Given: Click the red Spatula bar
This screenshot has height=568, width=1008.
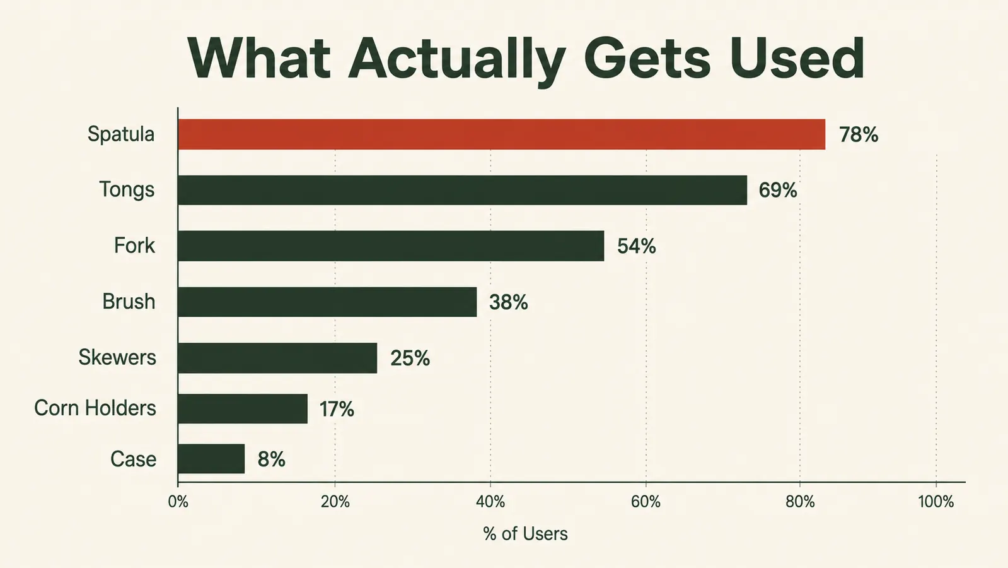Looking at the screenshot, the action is point(502,134).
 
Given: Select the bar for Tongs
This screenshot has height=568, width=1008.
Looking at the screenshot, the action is point(463,190).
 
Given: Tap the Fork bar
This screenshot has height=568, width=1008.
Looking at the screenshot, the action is point(391,246).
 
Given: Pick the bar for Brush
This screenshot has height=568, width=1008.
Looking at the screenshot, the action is point(327,302).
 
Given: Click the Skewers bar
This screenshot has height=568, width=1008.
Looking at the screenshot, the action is point(277,358).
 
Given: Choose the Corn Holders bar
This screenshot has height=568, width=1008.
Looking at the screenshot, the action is point(243,408).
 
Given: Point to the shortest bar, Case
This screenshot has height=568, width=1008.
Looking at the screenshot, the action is point(211,459).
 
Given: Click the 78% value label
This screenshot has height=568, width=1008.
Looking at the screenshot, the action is point(858,134).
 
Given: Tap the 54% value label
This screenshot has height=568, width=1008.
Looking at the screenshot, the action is point(636,246).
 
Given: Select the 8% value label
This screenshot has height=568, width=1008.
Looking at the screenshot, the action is point(271,459).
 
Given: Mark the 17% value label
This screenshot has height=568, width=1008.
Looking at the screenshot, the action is point(337,410).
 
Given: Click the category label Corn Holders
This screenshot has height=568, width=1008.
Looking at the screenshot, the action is point(95,408).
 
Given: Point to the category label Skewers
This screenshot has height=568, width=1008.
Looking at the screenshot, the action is point(117,357).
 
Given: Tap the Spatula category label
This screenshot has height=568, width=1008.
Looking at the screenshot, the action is point(121,134).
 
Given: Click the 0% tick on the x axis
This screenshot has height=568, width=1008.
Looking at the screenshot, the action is point(178,501).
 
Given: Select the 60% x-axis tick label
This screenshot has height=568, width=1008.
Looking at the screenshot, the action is point(646,501).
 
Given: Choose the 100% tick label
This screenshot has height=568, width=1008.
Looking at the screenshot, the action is point(936,501).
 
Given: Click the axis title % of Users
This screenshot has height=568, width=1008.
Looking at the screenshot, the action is point(525,534).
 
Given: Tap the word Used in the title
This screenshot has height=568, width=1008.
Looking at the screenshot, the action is point(796,59).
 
